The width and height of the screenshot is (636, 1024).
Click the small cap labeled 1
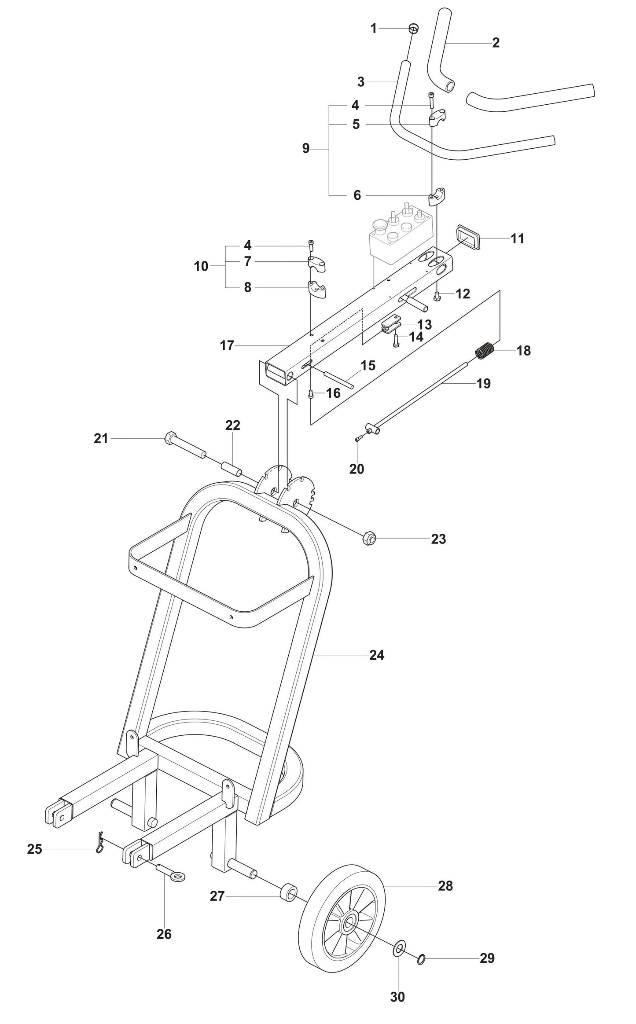[413, 29]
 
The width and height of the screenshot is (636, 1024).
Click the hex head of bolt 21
[170, 439]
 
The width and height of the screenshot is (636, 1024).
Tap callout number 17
[227, 345]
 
